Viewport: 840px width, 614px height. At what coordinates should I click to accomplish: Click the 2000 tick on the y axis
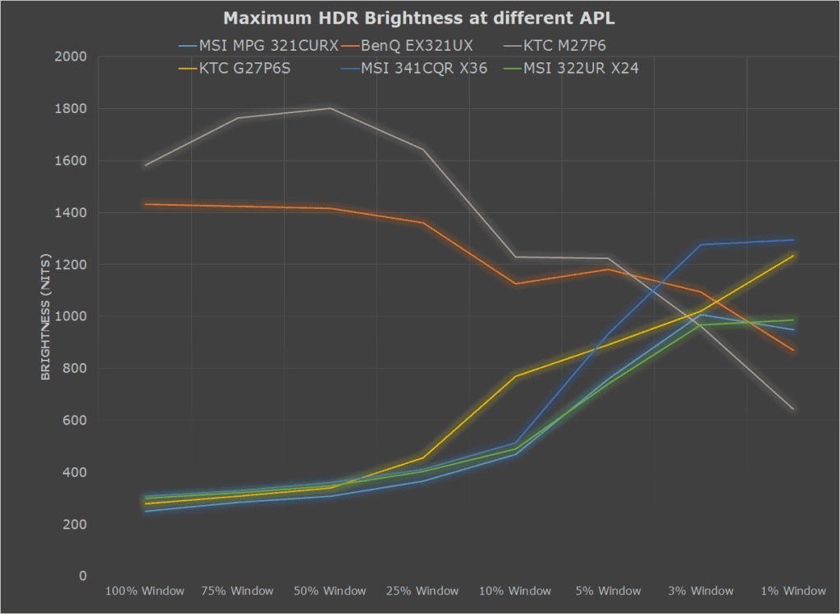click(x=71, y=57)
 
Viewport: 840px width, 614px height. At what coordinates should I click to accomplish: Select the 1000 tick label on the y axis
click(x=71, y=316)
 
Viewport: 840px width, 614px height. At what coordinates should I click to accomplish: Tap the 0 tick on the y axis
click(x=82, y=576)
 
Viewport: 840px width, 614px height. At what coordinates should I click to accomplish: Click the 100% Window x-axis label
click(x=144, y=591)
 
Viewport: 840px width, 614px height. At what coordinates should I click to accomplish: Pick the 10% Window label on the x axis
click(x=515, y=591)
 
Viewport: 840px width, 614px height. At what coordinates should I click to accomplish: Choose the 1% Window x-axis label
click(x=793, y=591)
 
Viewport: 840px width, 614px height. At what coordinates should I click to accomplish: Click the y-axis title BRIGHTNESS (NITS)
click(x=47, y=316)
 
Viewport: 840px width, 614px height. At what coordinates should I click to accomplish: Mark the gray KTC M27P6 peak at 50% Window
click(x=330, y=108)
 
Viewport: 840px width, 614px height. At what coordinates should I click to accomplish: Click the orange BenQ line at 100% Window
click(x=145, y=204)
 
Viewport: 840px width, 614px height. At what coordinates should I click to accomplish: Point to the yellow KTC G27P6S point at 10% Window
click(x=515, y=376)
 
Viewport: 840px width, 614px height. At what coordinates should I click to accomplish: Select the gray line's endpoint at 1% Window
click(x=793, y=409)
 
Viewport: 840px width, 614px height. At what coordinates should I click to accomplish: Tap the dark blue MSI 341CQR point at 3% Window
click(x=701, y=244)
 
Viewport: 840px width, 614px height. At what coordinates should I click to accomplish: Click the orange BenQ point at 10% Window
click(x=515, y=284)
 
